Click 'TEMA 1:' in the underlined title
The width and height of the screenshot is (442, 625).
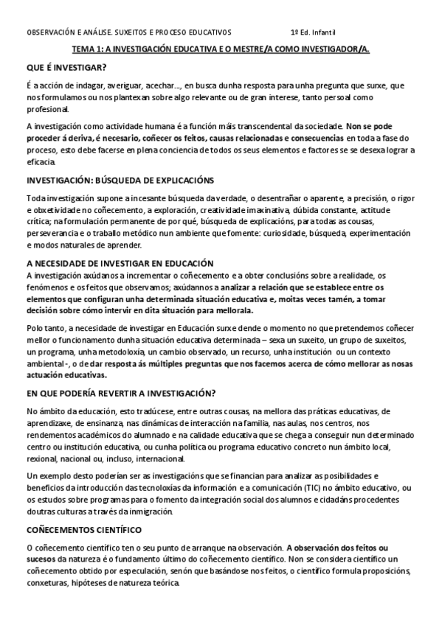[x=88, y=49]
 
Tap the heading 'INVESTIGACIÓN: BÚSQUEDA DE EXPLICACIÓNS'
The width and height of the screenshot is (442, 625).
[x=120, y=181]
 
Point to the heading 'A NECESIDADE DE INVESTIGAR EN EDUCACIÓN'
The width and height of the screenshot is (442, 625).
[x=120, y=263]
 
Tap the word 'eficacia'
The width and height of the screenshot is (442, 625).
[x=41, y=161]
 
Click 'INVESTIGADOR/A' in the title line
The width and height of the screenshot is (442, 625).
[x=331, y=49]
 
